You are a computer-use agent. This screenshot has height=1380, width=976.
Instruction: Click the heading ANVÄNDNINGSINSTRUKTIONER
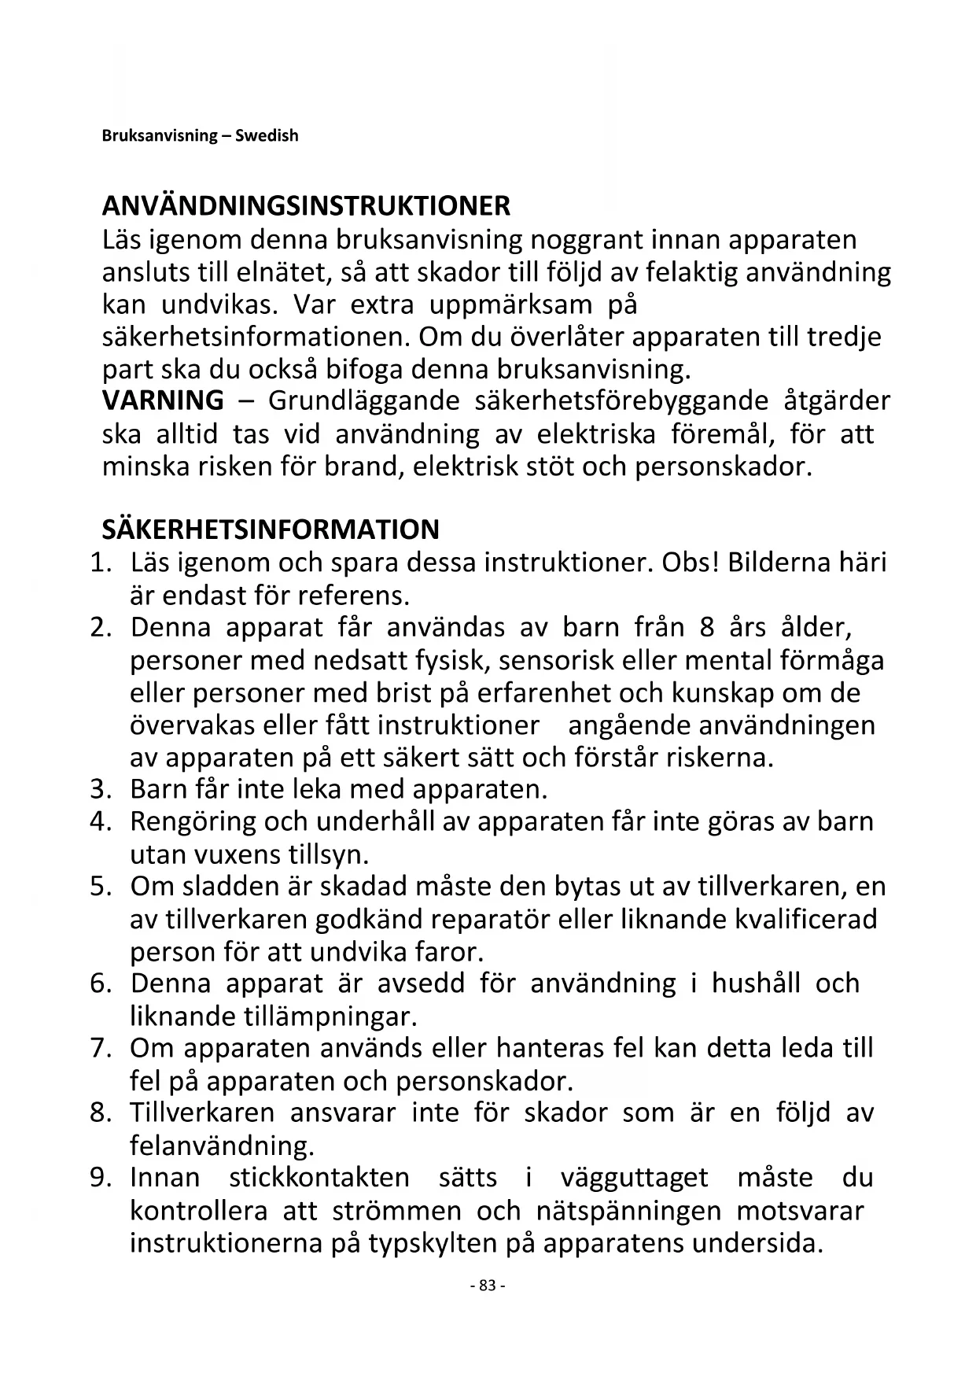pyautogui.click(x=306, y=206)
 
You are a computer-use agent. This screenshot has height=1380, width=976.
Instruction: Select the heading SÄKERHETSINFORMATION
pyautogui.click(x=271, y=529)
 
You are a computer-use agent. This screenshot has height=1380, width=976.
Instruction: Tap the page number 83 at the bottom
pyautogui.click(x=487, y=1286)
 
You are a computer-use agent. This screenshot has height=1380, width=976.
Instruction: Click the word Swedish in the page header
pyautogui.click(x=267, y=135)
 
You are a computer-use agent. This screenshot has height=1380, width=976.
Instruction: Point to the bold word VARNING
pyautogui.click(x=163, y=400)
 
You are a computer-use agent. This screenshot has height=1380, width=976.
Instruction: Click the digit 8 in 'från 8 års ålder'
pyautogui.click(x=705, y=628)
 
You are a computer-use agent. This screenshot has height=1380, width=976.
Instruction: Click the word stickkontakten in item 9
pyautogui.click(x=319, y=1178)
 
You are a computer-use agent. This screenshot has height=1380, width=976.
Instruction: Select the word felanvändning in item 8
pyautogui.click(x=222, y=1146)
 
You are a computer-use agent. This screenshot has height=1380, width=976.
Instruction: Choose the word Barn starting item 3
pyautogui.click(x=157, y=789)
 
